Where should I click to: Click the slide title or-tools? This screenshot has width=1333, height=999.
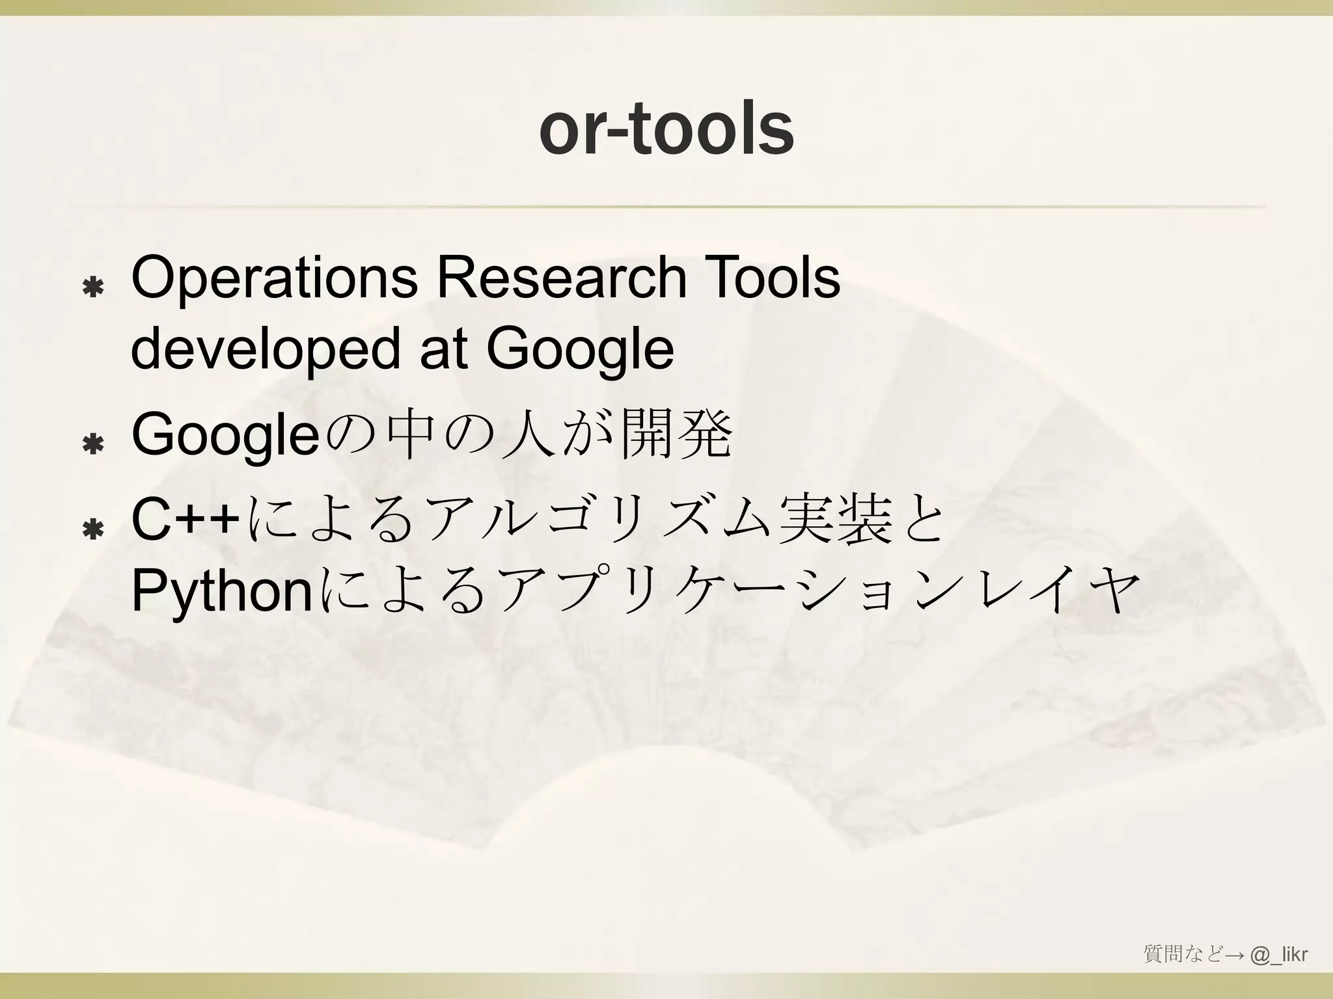[x=666, y=129]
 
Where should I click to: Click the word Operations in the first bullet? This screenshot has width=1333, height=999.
[x=274, y=278]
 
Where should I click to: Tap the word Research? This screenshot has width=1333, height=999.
[x=562, y=278]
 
